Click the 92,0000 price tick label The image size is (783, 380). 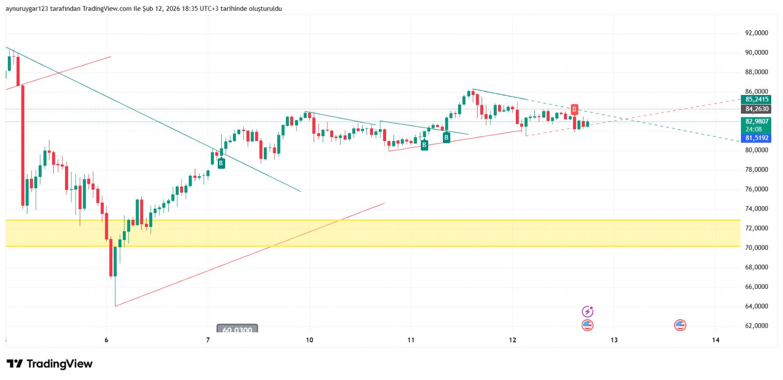pyautogui.click(x=756, y=33)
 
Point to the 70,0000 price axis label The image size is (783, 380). pyautogui.click(x=756, y=248)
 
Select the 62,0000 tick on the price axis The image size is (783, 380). pyautogui.click(x=756, y=326)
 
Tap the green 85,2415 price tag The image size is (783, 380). pyautogui.click(x=757, y=99)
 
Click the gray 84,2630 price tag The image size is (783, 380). pyautogui.click(x=757, y=109)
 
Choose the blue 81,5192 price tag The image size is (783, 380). pyautogui.click(x=757, y=138)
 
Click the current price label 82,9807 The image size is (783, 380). pyautogui.click(x=757, y=121)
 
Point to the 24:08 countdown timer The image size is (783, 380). pyautogui.click(x=754, y=129)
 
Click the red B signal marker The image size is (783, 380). pyautogui.click(x=574, y=109)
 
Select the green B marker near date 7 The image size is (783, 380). pyautogui.click(x=221, y=164)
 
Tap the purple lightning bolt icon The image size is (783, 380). pyautogui.click(x=587, y=311)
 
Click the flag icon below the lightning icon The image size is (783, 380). pyautogui.click(x=587, y=325)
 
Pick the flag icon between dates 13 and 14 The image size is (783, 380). pyautogui.click(x=680, y=325)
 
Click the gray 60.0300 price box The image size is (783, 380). pyautogui.click(x=237, y=330)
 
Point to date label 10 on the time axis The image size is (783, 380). pyautogui.click(x=309, y=340)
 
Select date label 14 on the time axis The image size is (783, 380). pyautogui.click(x=715, y=340)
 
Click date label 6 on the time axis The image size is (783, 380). pyautogui.click(x=106, y=340)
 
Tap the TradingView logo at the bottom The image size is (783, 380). pyautogui.click(x=49, y=364)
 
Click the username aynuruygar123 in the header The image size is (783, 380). pyautogui.click(x=27, y=8)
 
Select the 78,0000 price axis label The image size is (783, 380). pyautogui.click(x=756, y=169)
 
